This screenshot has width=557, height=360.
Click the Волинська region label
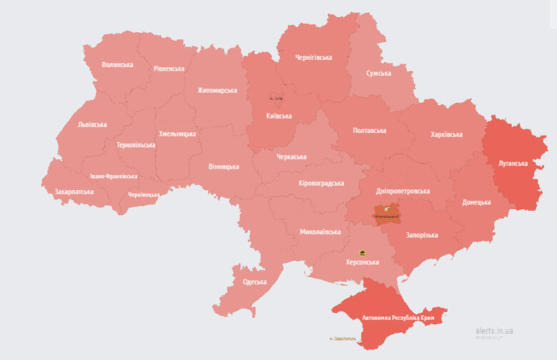[117, 64]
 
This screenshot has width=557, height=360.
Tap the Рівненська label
[169, 69]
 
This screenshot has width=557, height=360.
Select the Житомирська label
[217, 91]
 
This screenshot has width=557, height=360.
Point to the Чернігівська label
[313, 57]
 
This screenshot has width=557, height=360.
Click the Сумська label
[378, 74]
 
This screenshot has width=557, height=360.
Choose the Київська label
[278, 116]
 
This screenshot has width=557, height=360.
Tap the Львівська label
[92, 124]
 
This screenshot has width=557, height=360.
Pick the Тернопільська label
[136, 145]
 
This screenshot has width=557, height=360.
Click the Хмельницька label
[177, 134]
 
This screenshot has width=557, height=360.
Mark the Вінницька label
[224, 166]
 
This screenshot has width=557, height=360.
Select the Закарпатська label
[74, 191]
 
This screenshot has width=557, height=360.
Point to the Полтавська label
[369, 131]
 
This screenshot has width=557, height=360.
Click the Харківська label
[446, 134]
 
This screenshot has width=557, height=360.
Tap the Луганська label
[512, 164]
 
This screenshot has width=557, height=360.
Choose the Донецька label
[476, 202]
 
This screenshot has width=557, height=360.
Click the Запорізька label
[423, 234]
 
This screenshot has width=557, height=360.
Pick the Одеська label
[255, 282]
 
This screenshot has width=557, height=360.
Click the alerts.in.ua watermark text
[494, 331]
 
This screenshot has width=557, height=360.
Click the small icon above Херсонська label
[362, 254]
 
